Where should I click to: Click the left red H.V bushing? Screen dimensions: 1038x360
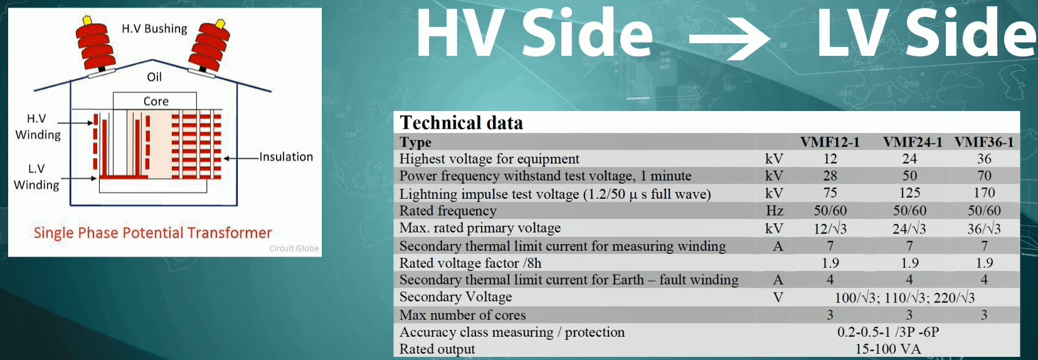95,46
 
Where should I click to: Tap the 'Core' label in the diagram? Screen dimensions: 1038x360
156,101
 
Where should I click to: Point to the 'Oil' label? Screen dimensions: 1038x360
154,77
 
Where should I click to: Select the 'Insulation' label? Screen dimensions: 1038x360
286,157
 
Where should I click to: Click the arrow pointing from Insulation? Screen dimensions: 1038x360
241,159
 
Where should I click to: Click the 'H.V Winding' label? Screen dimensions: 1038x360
38,127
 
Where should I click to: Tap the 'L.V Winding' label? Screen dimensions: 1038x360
36,176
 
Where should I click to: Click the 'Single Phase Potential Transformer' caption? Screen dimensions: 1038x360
153,233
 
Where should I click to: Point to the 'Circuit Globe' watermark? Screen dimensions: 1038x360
294,248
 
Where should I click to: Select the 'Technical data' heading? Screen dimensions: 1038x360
462,123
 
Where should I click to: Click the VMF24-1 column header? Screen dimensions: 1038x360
913,142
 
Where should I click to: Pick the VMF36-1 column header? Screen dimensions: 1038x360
984,142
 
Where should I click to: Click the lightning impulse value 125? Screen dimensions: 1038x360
909,193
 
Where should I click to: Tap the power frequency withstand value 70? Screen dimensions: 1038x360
984,176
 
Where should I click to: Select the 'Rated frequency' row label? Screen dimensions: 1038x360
448,211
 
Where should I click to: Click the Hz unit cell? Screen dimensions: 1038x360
775,211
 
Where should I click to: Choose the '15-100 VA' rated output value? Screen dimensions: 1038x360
888,349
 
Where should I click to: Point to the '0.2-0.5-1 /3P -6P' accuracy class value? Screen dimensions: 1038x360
888,332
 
